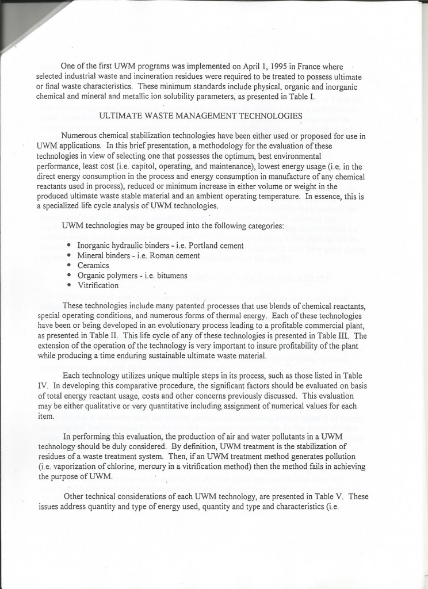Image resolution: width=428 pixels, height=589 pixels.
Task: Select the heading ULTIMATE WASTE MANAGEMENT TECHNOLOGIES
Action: tap(201, 116)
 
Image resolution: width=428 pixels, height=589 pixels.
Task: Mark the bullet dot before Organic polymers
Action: tap(70, 276)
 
